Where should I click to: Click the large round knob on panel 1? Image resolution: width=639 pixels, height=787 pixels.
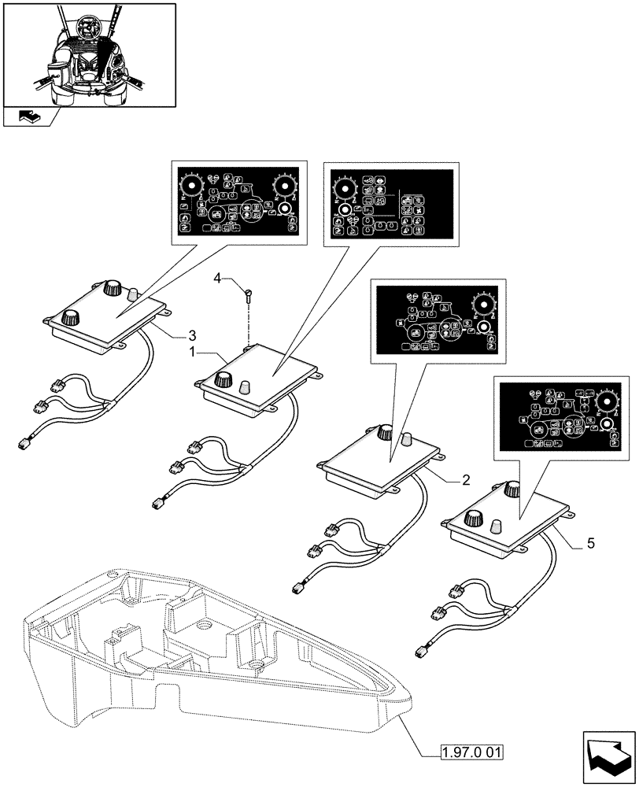[x=222, y=381]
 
